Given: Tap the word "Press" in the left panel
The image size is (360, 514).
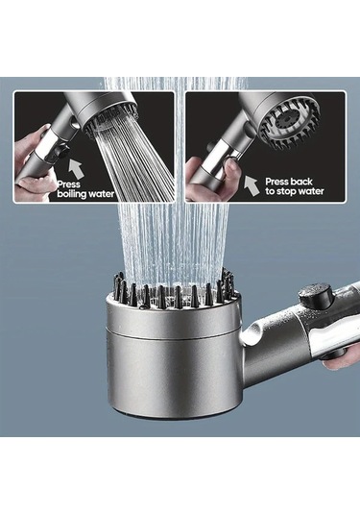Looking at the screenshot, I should click(68, 183).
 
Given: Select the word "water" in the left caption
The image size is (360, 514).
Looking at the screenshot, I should click(110, 193).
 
